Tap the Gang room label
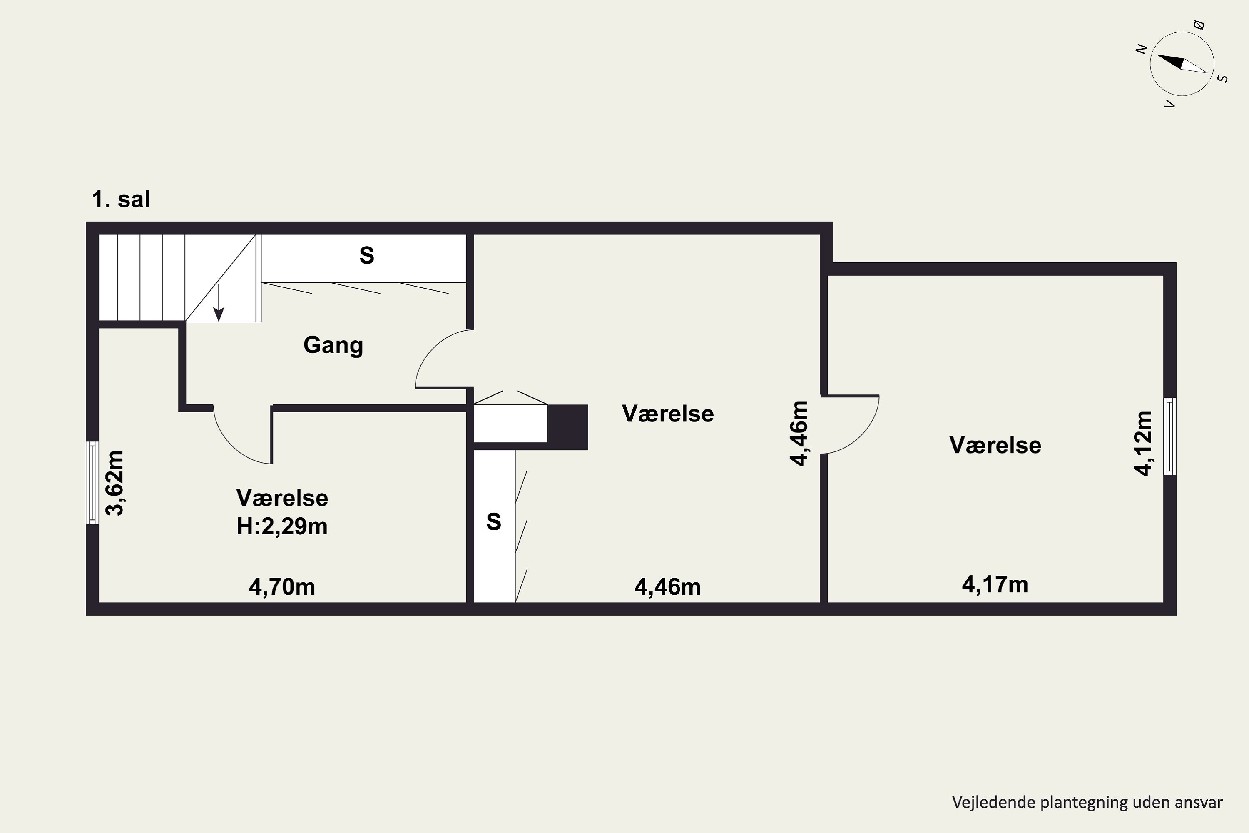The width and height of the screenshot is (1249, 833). [x=333, y=345]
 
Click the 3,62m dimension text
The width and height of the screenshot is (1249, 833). [x=115, y=483]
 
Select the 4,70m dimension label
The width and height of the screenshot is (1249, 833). [x=282, y=587]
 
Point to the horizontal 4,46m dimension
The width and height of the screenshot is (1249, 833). [x=667, y=587]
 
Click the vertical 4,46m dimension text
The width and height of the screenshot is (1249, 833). [x=799, y=434]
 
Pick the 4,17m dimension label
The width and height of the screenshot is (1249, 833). [x=995, y=584]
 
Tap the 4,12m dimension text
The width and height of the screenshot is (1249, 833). [x=1143, y=443]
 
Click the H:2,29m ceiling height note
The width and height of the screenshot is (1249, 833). [x=282, y=526]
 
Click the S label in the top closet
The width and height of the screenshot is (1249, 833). [x=366, y=256]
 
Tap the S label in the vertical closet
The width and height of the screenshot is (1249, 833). [x=494, y=522]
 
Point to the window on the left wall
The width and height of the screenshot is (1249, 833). [x=93, y=482]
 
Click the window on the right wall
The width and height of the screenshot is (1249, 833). [x=1170, y=436]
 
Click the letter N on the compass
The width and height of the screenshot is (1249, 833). [x=1141, y=49]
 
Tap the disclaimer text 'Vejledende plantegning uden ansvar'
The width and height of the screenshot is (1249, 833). [x=1087, y=802]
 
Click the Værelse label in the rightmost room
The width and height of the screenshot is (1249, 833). [x=995, y=445]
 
